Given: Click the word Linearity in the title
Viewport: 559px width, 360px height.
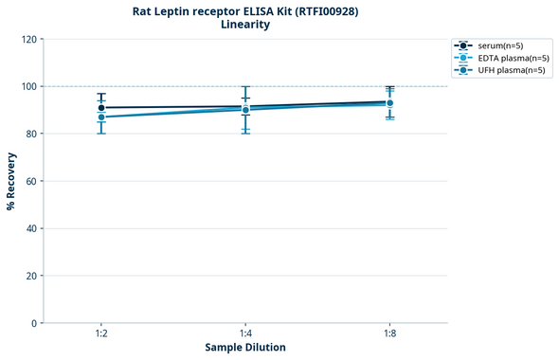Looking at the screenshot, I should pos(245,25).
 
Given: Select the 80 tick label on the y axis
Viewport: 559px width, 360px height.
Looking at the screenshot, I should pos(31,134).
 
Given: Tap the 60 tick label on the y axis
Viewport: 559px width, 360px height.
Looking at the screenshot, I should pos(31,181).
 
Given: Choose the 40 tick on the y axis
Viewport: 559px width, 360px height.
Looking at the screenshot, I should pos(31,228).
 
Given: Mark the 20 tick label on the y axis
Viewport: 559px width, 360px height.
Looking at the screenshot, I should pos(31,276).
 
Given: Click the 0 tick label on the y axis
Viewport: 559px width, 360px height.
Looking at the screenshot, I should pos(34,323).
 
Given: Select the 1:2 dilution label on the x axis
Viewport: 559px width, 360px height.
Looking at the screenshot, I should pos(100,333).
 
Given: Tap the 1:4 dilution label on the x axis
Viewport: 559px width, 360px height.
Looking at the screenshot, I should pos(245,333).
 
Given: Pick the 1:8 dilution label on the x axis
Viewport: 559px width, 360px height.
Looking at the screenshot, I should pos(389,333).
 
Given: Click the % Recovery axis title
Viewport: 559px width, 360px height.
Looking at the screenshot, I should pos(11,181).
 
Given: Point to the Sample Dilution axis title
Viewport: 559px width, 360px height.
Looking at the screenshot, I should pos(245,348).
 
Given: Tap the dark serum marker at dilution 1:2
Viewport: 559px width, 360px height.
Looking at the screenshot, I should pos(101,108).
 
